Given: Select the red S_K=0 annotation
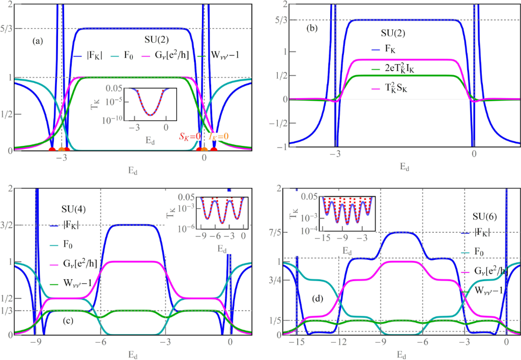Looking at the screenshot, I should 188,136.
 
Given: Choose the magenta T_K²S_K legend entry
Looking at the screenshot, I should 397,87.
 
